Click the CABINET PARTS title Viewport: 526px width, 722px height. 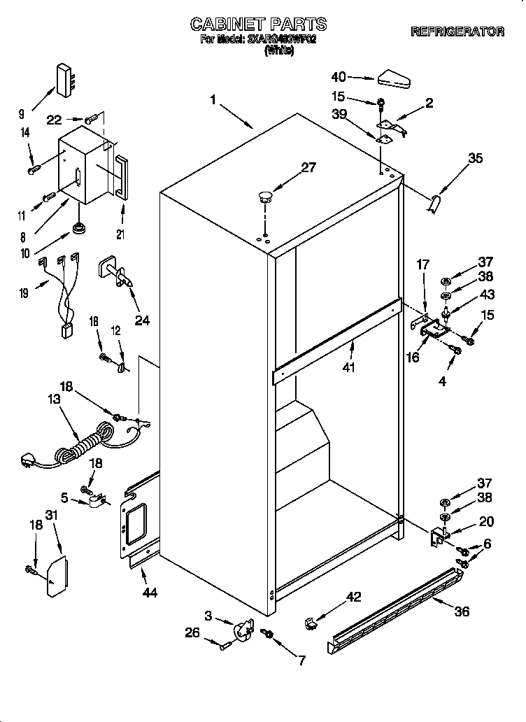coord(258,24)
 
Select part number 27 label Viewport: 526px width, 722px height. coord(308,168)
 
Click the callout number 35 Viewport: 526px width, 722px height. coord(475,159)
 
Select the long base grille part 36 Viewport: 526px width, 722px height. coord(396,612)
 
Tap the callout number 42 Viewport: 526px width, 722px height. coord(355,597)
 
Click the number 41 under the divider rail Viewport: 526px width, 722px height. coord(349,367)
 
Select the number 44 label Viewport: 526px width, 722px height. coord(149,593)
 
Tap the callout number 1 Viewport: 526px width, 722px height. coord(213,100)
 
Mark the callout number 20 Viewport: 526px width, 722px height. coord(486,522)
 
